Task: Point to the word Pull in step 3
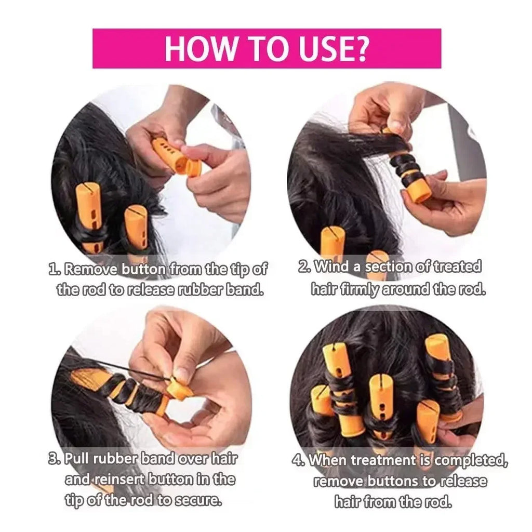(78, 459)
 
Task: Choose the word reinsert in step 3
(118, 480)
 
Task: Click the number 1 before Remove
(52, 270)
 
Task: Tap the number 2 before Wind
(304, 268)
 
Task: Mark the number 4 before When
(298, 461)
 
